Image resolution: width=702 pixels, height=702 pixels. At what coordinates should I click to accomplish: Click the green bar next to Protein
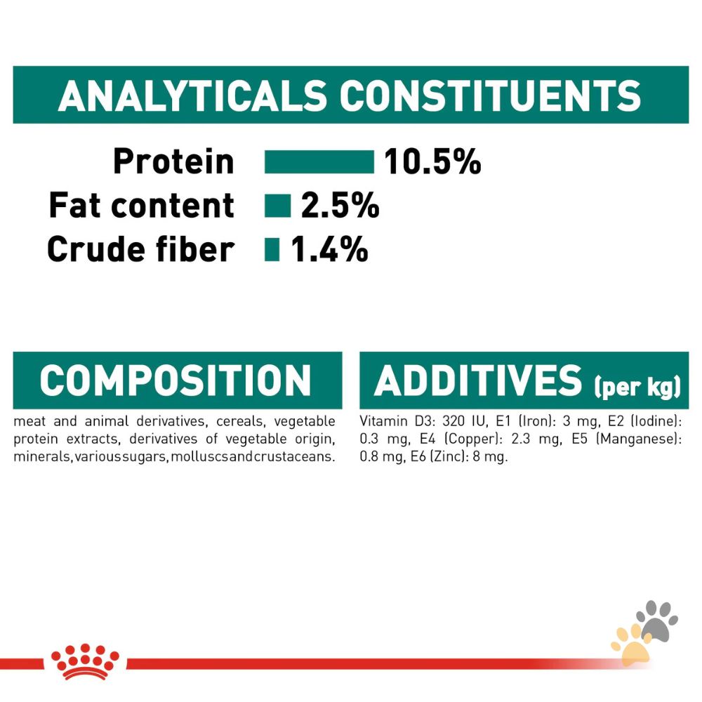[x=319, y=161]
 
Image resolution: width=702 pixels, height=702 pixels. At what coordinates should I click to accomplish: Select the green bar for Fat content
[x=277, y=206]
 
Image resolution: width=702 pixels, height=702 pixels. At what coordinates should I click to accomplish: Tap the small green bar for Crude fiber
[x=272, y=249]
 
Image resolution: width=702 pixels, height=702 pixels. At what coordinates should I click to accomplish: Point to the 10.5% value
[x=432, y=162]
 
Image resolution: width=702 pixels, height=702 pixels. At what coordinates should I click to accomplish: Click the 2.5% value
[x=340, y=206]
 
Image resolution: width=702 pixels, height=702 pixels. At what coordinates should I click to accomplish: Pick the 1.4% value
[x=329, y=249]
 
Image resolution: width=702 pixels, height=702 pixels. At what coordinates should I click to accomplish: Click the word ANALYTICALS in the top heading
[x=193, y=95]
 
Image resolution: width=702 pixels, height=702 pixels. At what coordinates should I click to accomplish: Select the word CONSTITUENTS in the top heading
[x=491, y=95]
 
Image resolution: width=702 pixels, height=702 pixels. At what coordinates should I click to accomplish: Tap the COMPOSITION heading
[x=175, y=380]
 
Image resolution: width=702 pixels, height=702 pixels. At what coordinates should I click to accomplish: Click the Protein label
[x=173, y=161]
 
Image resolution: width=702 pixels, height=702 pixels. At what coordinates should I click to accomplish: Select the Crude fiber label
[x=140, y=249]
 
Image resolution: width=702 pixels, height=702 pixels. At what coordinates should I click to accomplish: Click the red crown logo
[x=85, y=661]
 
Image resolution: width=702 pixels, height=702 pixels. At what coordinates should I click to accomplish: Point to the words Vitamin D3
[x=388, y=422]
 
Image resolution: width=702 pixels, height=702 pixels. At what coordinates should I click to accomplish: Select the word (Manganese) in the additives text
[x=645, y=439]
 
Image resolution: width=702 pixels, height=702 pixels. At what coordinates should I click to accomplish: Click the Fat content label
[x=141, y=206]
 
